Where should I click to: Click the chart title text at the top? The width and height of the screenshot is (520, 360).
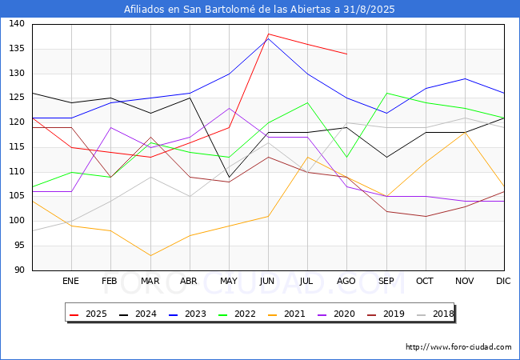[x=259, y=10]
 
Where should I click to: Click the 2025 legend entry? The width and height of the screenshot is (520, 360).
[x=89, y=314]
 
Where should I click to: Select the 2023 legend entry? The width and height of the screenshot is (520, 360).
[x=188, y=314]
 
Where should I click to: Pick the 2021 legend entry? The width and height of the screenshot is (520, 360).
[x=287, y=314]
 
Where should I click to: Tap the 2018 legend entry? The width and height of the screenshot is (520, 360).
[x=435, y=314]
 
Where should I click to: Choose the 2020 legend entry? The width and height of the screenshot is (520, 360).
[x=336, y=314]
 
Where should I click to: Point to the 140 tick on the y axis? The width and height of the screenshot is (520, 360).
[x=17, y=24]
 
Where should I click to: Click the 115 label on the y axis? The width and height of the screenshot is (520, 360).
[x=17, y=147]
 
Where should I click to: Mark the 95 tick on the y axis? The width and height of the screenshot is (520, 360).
[x=19, y=246]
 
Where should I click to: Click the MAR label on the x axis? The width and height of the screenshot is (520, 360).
[x=150, y=281]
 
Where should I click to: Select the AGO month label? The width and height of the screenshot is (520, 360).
[x=346, y=281]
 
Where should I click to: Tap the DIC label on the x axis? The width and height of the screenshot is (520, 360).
[x=503, y=281]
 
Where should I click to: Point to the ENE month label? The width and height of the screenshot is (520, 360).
[x=70, y=281]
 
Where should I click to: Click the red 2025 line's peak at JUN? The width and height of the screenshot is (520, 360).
[x=268, y=34]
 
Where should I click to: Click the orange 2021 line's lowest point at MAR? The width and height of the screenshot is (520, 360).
[x=150, y=255]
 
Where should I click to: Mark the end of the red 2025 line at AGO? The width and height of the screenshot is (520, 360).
[x=347, y=54]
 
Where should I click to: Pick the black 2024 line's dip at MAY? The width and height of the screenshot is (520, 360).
[x=229, y=177]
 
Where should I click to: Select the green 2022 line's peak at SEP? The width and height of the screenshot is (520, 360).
[x=386, y=93]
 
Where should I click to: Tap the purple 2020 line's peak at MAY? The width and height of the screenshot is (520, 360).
[x=229, y=108]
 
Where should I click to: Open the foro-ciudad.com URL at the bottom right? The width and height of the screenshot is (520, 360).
[x=458, y=347]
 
